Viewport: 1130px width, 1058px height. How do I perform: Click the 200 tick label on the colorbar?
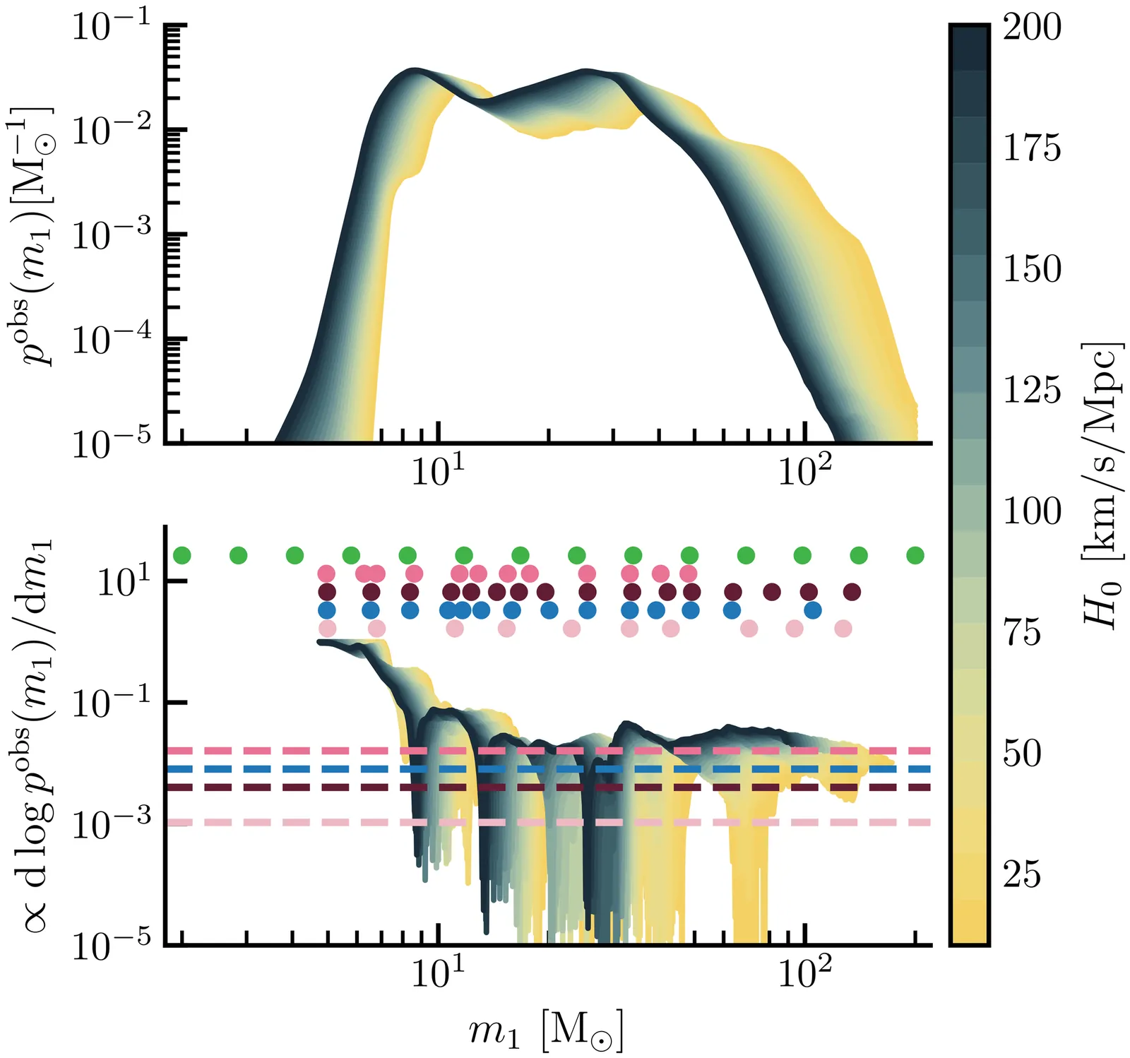[x=1032, y=28]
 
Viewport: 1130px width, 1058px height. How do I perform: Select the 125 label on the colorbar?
[x=1032, y=391]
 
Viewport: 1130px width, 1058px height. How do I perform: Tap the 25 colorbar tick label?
[x=1022, y=874]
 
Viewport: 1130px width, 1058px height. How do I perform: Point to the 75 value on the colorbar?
[x=1022, y=633]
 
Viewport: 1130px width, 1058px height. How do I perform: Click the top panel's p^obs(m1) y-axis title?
[x=34, y=237]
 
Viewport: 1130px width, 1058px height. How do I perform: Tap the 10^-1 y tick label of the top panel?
[x=112, y=28]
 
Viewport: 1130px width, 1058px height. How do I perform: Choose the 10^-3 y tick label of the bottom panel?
[x=112, y=823]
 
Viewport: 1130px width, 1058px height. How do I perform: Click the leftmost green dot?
[x=182, y=555]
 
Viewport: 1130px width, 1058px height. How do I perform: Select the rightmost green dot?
[x=915, y=555]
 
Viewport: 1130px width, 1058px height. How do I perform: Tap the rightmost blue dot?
[x=813, y=610]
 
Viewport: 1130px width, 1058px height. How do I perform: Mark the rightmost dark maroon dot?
[x=852, y=591]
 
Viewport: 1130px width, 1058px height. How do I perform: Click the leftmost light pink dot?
[x=327, y=628]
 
